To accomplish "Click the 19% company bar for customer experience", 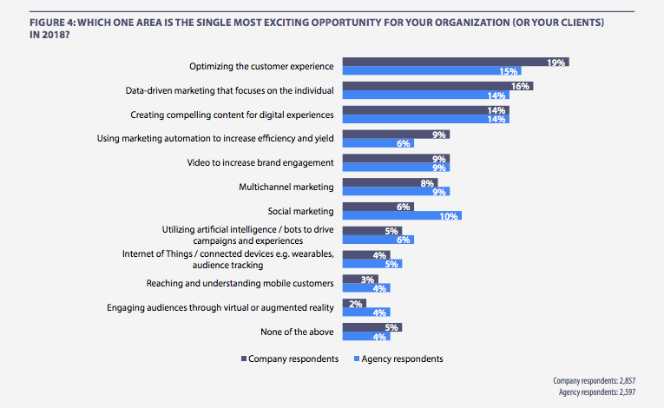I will click(x=456, y=63).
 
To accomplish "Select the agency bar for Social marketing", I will click(x=402, y=216).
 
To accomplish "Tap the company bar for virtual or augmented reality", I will click(x=354, y=303).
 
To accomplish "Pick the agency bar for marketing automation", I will click(x=378, y=143).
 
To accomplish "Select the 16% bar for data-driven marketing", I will click(x=437, y=87).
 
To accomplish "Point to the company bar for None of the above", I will click(x=372, y=327).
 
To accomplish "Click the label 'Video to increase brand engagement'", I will click(x=260, y=162).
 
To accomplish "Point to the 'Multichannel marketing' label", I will click(x=286, y=187).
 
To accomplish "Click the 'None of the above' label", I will click(x=297, y=332).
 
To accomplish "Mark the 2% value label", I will click(x=356, y=303).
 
